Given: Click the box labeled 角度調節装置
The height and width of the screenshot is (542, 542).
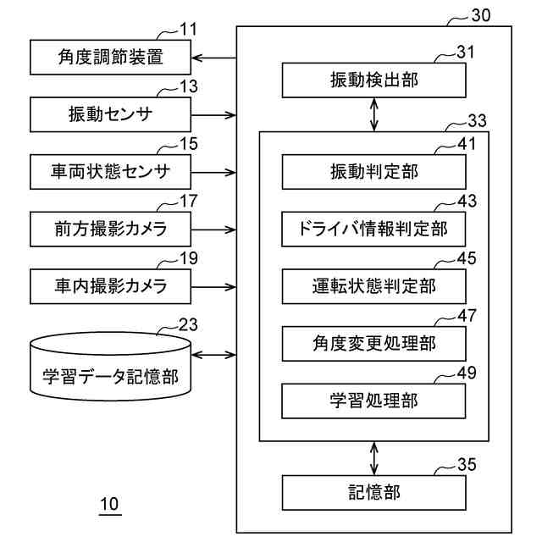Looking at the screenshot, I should (109, 58).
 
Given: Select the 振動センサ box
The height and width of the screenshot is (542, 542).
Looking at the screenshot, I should (109, 114).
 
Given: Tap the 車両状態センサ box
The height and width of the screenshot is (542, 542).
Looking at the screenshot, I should (109, 172).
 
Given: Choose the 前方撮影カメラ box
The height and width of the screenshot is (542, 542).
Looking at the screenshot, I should (109, 229).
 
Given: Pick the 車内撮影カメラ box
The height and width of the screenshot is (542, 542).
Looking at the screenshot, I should (109, 286).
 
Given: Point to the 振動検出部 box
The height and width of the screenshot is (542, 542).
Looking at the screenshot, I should (373, 80).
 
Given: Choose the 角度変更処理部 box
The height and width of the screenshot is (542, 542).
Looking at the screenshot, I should (373, 343).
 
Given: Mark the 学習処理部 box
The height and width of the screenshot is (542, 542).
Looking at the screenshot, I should (373, 400).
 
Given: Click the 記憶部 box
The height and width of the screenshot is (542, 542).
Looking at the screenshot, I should (373, 492).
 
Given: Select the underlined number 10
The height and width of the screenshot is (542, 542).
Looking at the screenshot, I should (110, 505).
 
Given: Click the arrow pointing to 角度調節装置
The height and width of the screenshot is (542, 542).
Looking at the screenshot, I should (213, 58).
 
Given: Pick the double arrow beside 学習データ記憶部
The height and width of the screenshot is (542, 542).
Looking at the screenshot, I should (213, 355).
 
